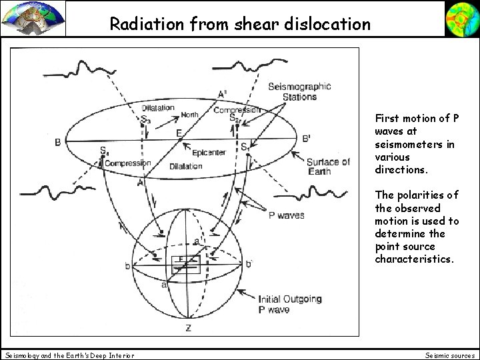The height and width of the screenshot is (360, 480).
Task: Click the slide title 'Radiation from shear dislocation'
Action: [x=240, y=25]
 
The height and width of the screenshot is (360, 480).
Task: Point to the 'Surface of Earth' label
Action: [x=327, y=167]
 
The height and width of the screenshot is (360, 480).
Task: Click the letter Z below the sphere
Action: [x=189, y=329]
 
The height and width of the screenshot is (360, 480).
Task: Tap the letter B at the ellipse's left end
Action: [x=58, y=141]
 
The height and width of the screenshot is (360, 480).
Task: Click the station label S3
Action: [x=145, y=120]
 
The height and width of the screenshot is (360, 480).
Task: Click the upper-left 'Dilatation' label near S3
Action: [x=157, y=108]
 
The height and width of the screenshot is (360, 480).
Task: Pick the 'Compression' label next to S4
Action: [x=128, y=163]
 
